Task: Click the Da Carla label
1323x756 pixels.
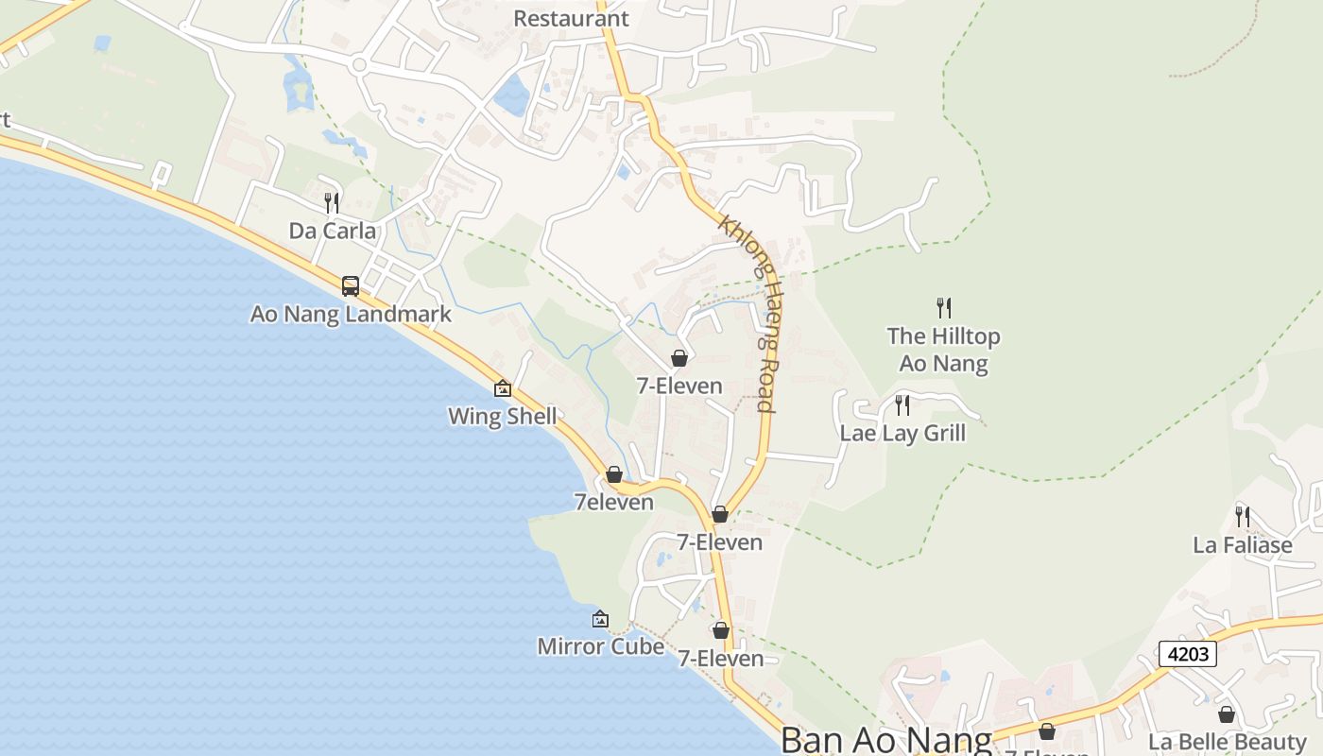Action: click(x=332, y=231)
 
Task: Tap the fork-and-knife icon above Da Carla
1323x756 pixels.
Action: click(x=332, y=202)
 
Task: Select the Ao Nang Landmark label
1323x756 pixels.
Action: click(x=351, y=314)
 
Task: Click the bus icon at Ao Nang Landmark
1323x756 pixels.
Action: click(x=351, y=285)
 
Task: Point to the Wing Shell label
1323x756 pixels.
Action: click(x=502, y=416)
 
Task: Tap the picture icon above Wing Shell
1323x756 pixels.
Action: click(x=503, y=387)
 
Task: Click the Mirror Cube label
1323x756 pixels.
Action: click(x=600, y=646)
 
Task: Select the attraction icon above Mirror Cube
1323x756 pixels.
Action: click(x=600, y=619)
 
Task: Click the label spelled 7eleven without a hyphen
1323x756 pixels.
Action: click(x=614, y=502)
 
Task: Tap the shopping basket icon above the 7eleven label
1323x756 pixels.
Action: click(x=614, y=474)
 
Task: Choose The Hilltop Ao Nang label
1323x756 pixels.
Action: click(x=943, y=350)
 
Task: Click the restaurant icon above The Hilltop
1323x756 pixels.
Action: click(x=943, y=307)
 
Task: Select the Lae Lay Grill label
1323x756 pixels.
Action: click(x=902, y=433)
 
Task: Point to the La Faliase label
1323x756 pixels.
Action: click(x=1242, y=545)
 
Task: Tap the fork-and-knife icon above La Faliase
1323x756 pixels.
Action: click(x=1243, y=517)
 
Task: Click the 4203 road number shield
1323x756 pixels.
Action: click(x=1187, y=653)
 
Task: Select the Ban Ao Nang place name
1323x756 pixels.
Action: click(x=885, y=740)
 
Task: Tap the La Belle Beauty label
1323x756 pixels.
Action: click(x=1227, y=742)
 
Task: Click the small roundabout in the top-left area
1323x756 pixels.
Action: click(x=358, y=65)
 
